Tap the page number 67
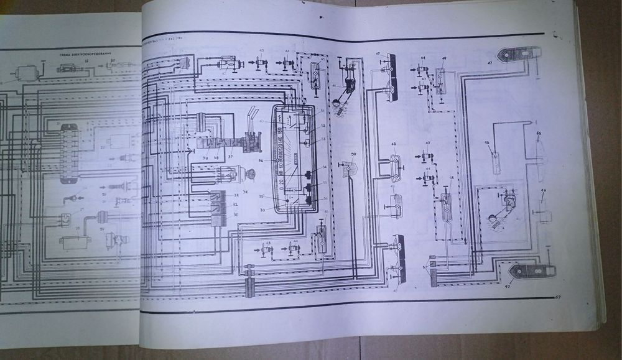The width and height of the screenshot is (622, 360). (x=557, y=297)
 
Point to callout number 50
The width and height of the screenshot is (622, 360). (x=353, y=153)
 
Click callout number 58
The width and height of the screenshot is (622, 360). (x=488, y=144)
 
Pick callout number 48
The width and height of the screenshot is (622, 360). (x=394, y=144)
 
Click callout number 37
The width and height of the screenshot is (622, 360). (x=231, y=157)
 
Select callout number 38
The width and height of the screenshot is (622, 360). (x=216, y=157)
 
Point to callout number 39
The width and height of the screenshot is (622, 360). (x=205, y=157)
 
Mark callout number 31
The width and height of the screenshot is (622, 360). (x=235, y=215)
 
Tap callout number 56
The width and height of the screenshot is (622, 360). (x=324, y=198)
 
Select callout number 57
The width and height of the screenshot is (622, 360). (x=425, y=267)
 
